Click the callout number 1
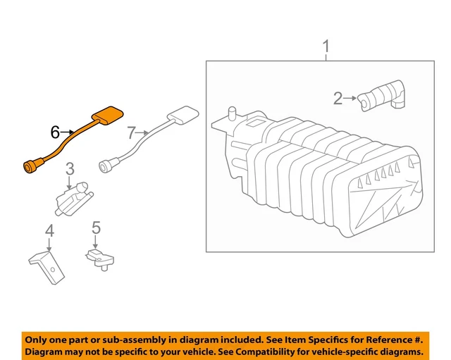pos(326,48)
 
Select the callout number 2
pos(338,99)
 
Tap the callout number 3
pos(70,168)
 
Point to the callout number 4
pos(49,230)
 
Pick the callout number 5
pos(96,228)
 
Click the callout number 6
pos(55,131)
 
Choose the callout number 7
pos(130,131)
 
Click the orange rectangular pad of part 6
pos(107,114)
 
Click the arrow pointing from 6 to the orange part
pos(67,131)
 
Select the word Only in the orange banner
pos(37,338)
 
